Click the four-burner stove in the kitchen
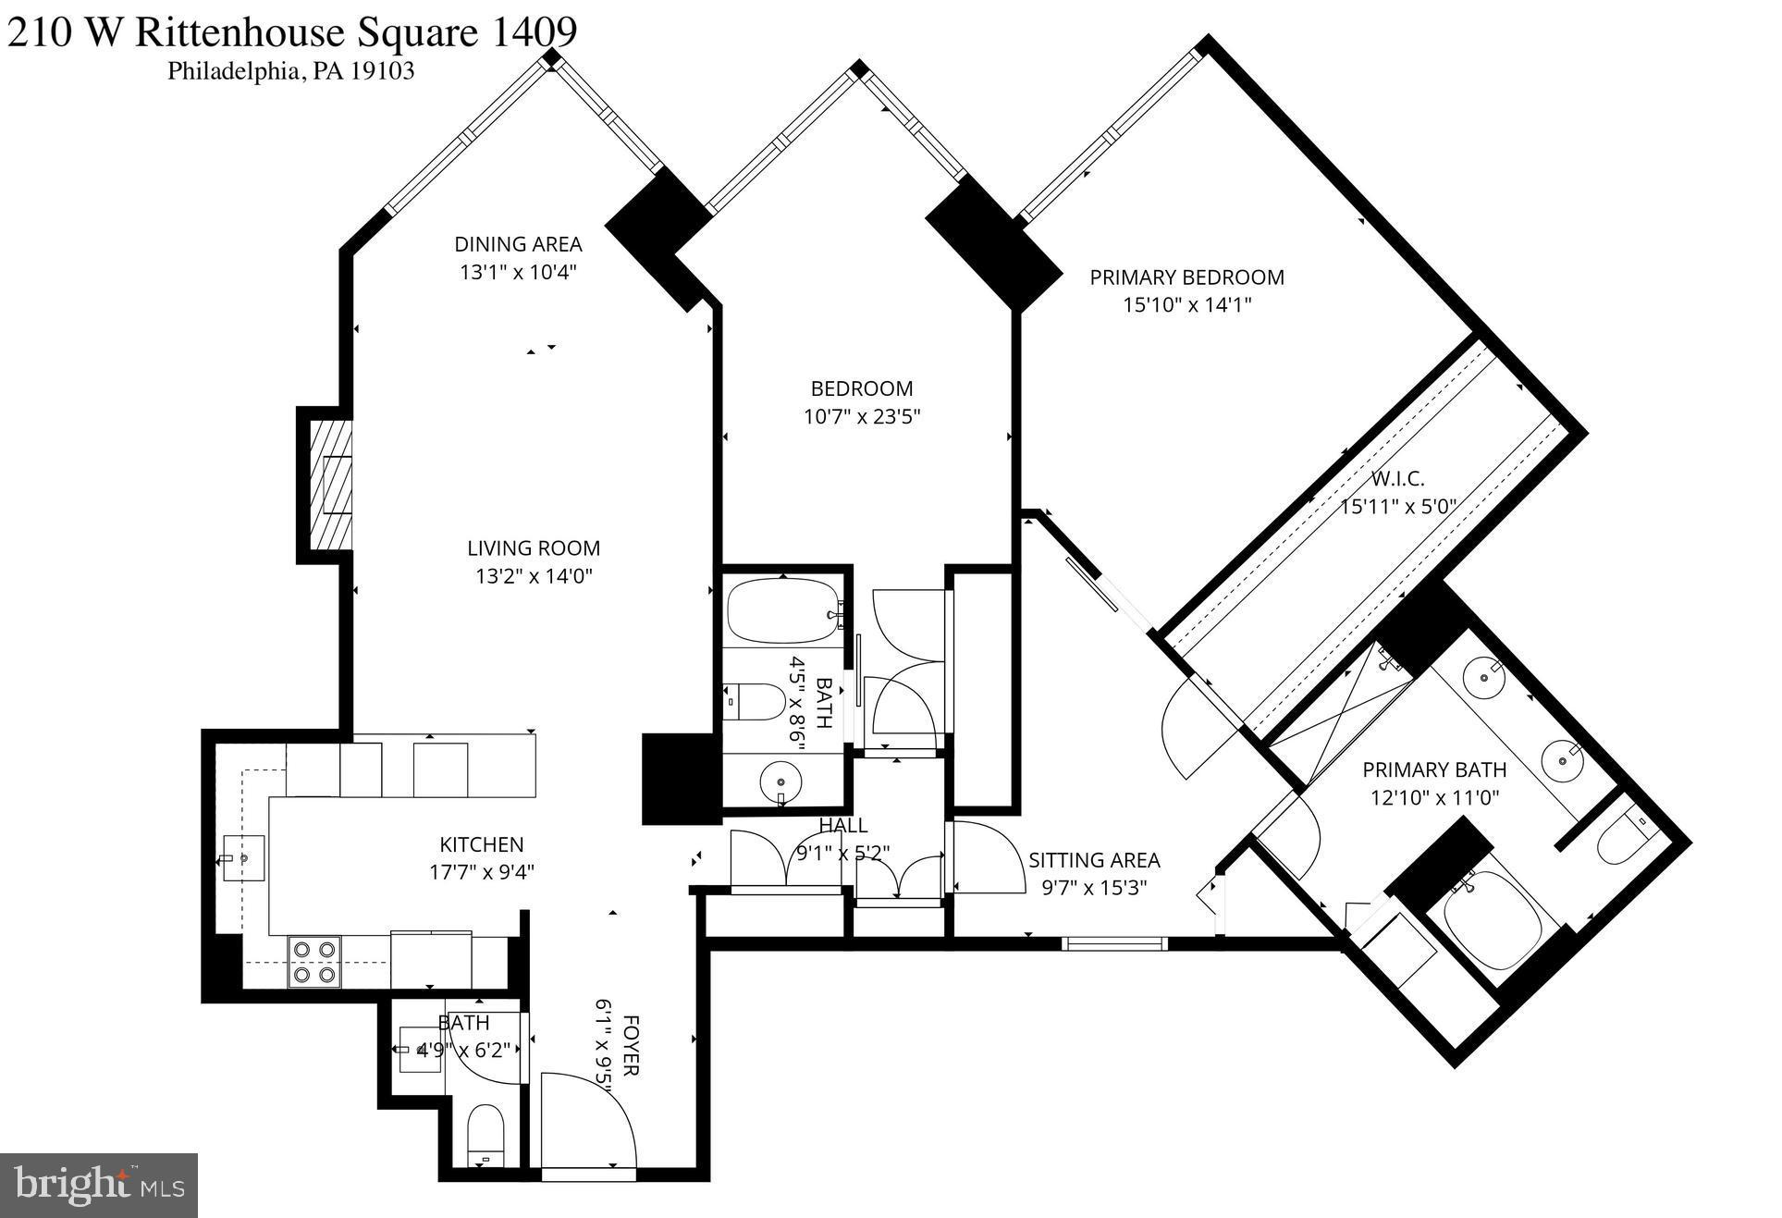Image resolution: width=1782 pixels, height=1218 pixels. pos(313,962)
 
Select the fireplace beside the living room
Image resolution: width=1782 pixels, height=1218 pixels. pos(331,485)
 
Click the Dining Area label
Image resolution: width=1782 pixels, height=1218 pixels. pos(518,244)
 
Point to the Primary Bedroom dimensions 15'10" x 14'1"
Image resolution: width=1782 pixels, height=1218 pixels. pos(1186,305)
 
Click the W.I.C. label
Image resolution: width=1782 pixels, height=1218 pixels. pos(1396,479)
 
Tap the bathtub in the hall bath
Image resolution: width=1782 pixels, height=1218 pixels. pos(784,611)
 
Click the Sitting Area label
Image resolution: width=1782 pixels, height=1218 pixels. pos(1094,860)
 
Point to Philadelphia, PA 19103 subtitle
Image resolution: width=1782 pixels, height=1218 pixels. pos(290,71)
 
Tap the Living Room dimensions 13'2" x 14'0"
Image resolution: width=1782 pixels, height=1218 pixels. pos(534,576)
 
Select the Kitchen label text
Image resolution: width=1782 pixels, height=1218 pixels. pos(481,844)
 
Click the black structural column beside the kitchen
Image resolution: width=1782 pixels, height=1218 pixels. pos(680,779)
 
